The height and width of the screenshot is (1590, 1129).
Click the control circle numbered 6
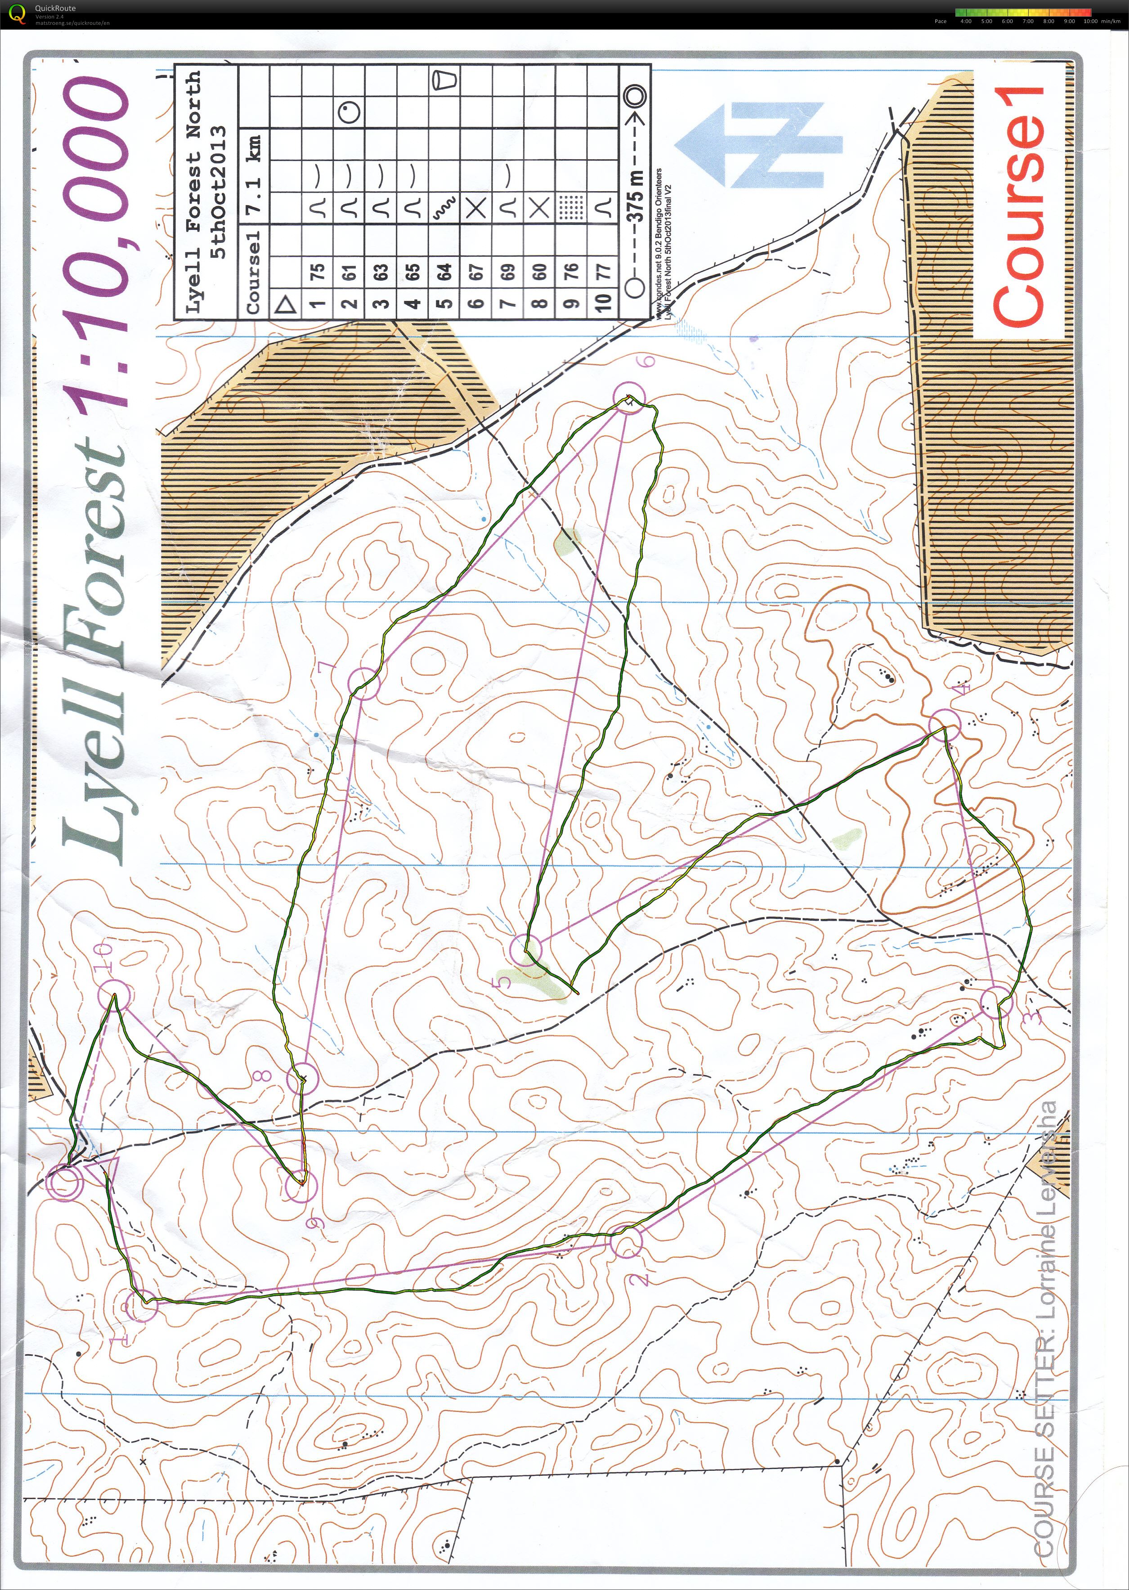[630, 398]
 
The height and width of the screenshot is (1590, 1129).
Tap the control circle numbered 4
[944, 725]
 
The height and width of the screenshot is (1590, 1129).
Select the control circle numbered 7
[363, 683]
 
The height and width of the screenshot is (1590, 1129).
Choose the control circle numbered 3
[998, 1002]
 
